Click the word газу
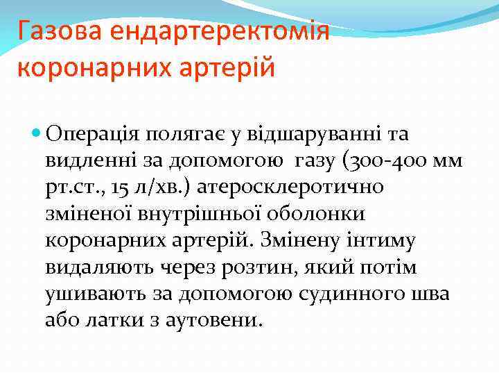tap(316, 161)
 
